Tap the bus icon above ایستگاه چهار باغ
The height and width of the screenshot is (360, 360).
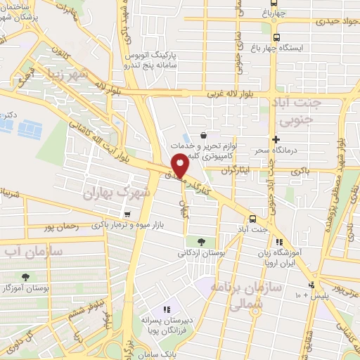coord(276,37)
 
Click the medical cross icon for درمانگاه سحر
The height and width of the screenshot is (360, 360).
coord(276,141)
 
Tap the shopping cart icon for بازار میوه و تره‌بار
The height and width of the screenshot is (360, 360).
coord(127,214)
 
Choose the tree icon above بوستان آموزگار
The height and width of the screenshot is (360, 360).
coord(26,277)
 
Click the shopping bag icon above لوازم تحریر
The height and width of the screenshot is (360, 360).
coord(203,135)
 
